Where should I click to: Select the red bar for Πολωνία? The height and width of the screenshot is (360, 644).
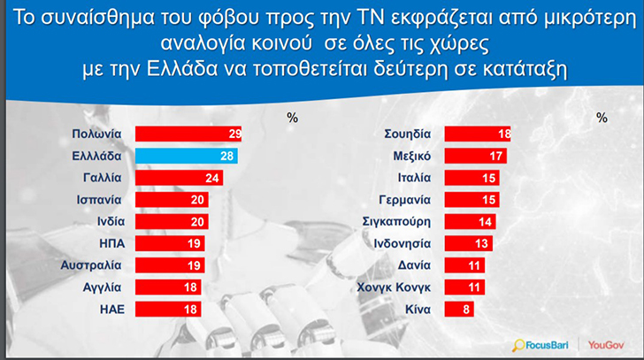tap(188, 134)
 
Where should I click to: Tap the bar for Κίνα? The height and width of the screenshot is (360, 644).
tap(459, 309)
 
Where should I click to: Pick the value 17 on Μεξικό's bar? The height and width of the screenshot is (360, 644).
tap(496, 156)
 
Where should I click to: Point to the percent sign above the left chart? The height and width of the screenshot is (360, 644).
tap(293, 116)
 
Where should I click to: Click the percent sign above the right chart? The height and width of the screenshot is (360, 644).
tap(602, 116)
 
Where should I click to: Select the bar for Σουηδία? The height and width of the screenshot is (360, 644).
tap(477, 134)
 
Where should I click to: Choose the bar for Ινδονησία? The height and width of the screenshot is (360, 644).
tap(468, 243)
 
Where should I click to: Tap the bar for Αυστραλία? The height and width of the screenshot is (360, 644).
tap(170, 264)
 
